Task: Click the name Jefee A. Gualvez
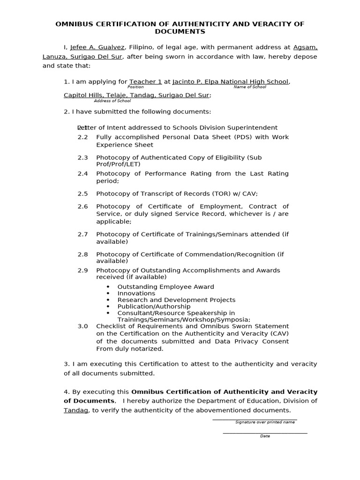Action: point(97,47)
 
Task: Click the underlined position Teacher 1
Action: point(145,82)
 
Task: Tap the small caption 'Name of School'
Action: point(250,87)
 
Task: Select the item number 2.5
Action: point(82,194)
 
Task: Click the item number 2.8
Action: point(82,255)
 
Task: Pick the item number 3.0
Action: point(82,326)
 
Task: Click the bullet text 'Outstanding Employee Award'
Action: point(165,287)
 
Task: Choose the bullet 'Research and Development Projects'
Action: point(176,300)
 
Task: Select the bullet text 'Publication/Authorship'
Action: point(154,307)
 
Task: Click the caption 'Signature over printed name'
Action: point(265,422)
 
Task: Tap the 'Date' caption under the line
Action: point(265,436)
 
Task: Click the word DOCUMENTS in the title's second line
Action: point(180,31)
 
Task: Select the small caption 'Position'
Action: point(135,87)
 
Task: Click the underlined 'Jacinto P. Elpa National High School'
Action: point(230,82)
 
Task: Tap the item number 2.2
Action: point(82,137)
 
